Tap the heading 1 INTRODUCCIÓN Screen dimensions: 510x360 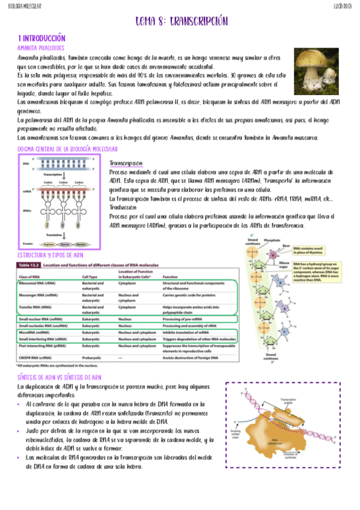pos(41,37)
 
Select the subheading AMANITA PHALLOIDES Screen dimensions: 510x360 pos(40,48)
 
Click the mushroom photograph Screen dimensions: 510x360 pos(316,67)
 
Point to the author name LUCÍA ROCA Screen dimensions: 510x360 pos(343,6)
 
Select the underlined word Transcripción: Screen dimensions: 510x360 pos(126,164)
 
